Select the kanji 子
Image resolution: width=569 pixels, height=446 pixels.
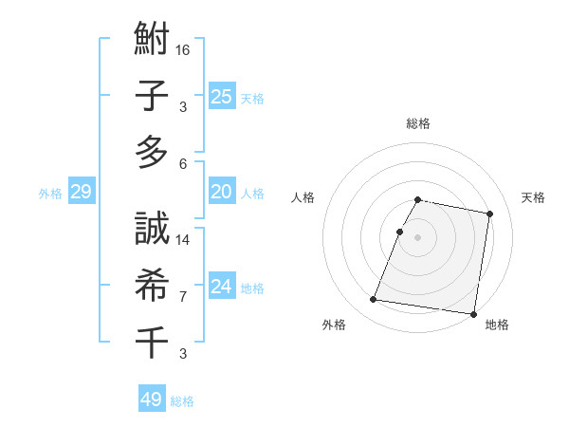[x=152, y=98]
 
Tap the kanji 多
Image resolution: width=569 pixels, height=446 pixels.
[x=152, y=151]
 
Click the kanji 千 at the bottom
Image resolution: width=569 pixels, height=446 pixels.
[x=152, y=340]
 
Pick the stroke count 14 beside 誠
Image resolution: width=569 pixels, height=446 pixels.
[x=184, y=240]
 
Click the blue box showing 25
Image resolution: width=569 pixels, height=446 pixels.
[x=222, y=96]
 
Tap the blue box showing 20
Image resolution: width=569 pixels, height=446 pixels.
[x=222, y=192]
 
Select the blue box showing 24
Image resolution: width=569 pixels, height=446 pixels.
[x=222, y=287]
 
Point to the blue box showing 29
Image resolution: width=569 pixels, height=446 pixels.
[x=81, y=193]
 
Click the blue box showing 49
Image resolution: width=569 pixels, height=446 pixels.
[x=152, y=400]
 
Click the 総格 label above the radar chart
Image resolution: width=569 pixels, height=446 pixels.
[x=418, y=123]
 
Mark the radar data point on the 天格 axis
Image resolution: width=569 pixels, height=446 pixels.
[x=490, y=214]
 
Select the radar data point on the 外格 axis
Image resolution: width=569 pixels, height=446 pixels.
[x=374, y=300]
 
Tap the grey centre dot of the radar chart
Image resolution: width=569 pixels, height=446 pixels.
[x=418, y=237]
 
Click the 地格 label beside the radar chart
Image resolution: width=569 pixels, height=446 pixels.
[x=497, y=325]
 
